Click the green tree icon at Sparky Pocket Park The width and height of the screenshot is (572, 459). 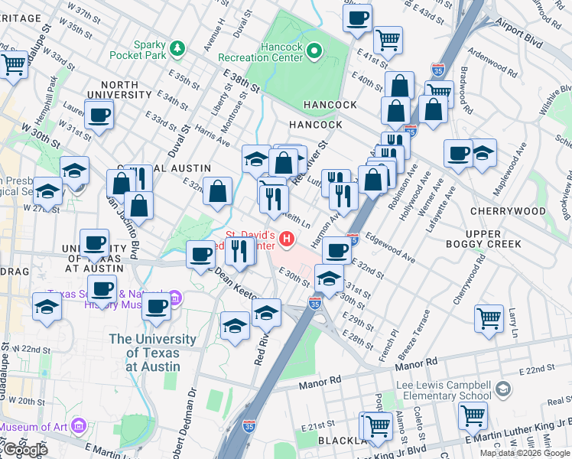(178, 49)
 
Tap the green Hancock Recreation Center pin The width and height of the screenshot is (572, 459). (314, 51)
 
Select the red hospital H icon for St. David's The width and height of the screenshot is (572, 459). (288, 239)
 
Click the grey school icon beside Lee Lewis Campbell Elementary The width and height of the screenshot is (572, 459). (502, 389)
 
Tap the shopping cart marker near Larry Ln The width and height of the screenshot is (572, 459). (489, 317)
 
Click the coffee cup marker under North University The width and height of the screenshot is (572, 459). (98, 116)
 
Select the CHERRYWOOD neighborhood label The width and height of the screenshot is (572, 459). (508, 211)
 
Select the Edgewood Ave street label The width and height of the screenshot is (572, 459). (390, 248)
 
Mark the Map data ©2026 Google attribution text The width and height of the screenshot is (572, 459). (525, 453)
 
